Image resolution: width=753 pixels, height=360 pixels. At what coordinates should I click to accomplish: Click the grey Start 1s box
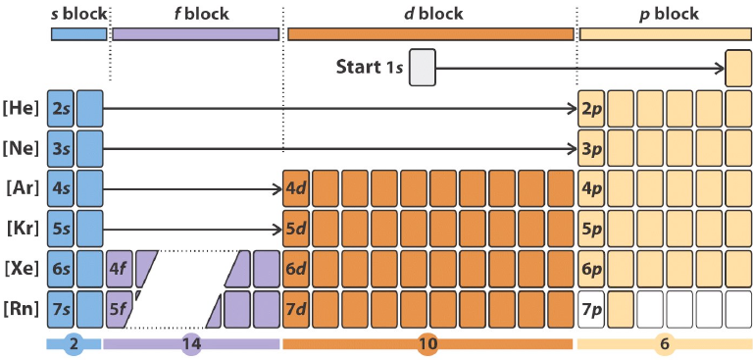(x=422, y=68)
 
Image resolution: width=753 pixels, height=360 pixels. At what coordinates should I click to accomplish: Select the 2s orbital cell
(x=60, y=107)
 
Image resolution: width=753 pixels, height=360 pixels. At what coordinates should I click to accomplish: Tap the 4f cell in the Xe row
(x=118, y=268)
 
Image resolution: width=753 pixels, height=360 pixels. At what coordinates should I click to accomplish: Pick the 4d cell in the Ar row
(x=295, y=187)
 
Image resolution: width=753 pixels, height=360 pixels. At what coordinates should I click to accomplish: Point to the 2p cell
(x=591, y=107)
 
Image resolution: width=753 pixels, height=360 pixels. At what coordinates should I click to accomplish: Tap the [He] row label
(x=22, y=107)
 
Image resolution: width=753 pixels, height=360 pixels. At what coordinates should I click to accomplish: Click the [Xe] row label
(x=22, y=268)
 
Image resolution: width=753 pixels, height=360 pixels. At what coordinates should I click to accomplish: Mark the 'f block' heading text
(x=195, y=14)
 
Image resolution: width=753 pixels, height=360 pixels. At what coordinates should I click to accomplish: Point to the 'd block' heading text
(x=431, y=14)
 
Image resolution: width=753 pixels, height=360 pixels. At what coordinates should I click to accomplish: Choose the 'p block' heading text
(x=667, y=14)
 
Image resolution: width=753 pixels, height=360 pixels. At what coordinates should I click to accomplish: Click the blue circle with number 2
(x=73, y=344)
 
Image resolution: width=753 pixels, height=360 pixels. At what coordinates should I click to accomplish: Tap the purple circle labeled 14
(x=191, y=344)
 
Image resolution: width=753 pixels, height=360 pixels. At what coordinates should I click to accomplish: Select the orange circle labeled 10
(x=427, y=344)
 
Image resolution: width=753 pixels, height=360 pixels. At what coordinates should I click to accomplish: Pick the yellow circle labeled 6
(x=664, y=344)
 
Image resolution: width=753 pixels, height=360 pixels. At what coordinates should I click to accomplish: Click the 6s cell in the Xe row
(x=60, y=268)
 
